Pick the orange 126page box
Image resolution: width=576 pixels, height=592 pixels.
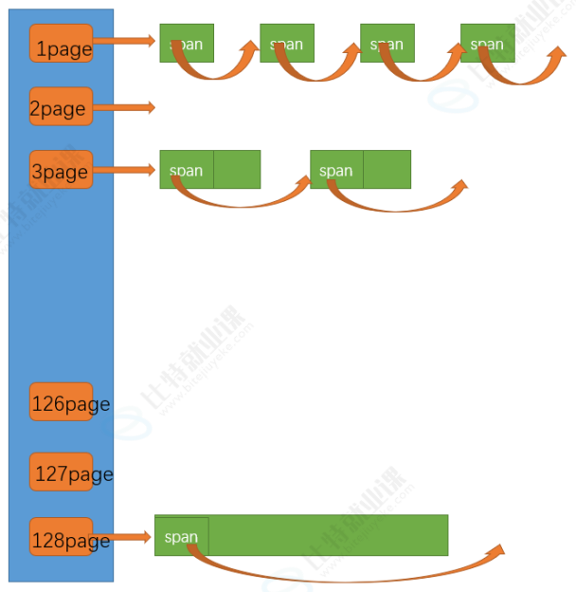coord(62,402)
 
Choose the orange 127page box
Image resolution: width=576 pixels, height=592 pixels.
coord(62,472)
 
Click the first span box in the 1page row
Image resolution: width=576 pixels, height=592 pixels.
coord(187,43)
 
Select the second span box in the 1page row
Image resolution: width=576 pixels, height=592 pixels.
coord(286,43)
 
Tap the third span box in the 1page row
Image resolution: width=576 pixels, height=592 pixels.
coord(387,43)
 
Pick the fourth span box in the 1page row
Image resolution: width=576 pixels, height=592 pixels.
coord(487,43)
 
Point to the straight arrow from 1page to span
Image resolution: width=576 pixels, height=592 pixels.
coord(125,41)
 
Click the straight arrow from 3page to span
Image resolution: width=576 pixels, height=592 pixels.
coord(125,170)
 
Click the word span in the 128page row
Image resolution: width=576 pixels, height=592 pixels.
coord(181,537)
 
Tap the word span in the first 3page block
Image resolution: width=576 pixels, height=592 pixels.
coord(186,171)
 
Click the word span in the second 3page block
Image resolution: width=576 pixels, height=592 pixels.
coord(336,171)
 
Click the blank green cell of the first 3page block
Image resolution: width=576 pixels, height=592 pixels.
coord(237,169)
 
